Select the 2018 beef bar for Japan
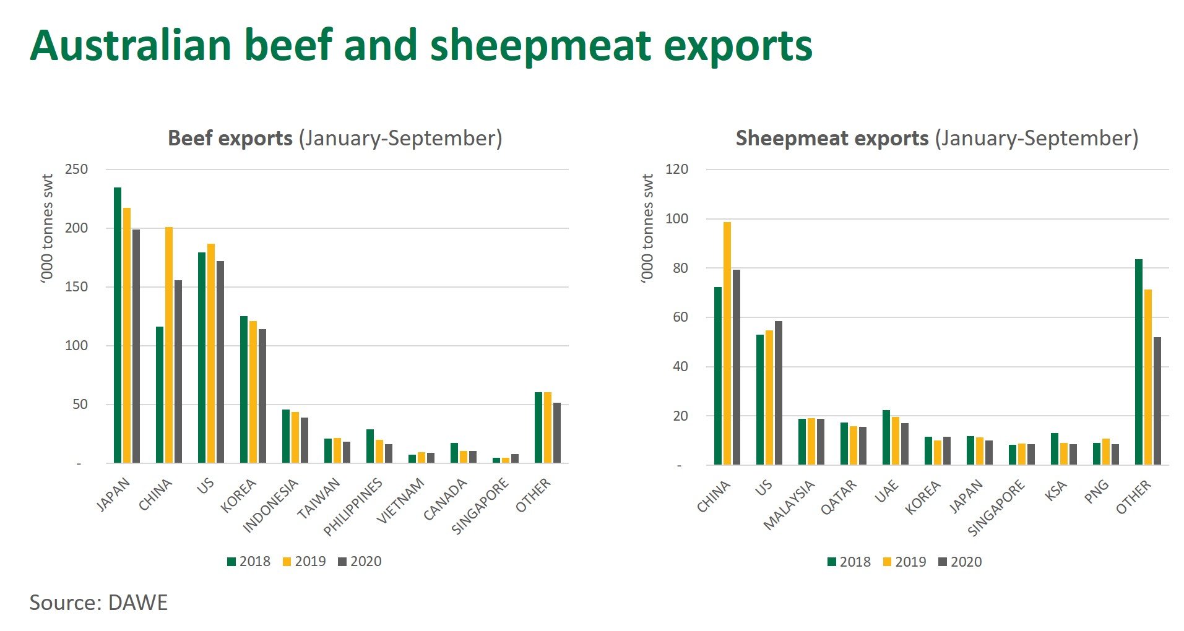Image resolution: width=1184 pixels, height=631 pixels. [x=118, y=325]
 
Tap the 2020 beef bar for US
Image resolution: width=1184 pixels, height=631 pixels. [x=220, y=362]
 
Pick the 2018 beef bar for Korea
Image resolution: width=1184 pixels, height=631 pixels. [x=244, y=390]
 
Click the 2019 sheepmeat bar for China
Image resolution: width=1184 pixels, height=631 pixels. [x=727, y=343]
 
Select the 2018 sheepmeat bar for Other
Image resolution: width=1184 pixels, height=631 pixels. [x=1139, y=362]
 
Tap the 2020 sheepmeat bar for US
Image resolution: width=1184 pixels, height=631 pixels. [x=779, y=393]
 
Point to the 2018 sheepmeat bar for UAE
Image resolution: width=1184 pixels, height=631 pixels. [x=886, y=437]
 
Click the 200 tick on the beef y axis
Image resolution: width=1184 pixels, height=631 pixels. [x=77, y=228]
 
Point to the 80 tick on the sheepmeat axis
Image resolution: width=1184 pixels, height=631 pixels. [x=676, y=268]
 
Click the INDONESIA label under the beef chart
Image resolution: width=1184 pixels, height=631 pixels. [x=271, y=505]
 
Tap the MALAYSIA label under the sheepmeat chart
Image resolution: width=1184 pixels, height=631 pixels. [x=789, y=505]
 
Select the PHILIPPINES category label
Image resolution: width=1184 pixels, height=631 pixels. [x=353, y=507]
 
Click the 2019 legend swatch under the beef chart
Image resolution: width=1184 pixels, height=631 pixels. [x=287, y=562]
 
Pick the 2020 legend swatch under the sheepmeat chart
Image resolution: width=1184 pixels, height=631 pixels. [x=943, y=562]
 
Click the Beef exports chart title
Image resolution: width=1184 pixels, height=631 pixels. [x=335, y=138]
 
